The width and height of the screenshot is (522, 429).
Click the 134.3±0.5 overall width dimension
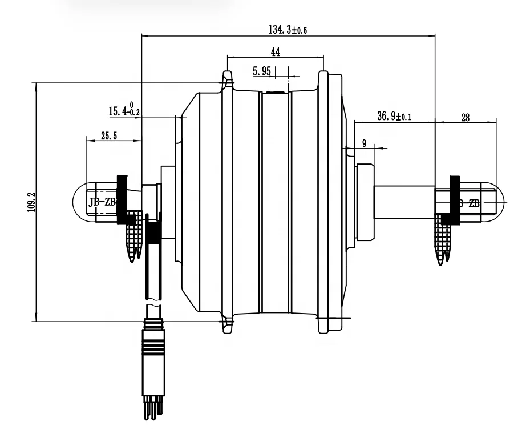pyautogui.click(x=288, y=30)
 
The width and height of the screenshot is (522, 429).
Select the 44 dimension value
pyautogui.click(x=275, y=52)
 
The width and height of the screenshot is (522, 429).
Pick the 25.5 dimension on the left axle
pyautogui.click(x=109, y=135)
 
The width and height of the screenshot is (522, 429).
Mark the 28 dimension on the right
pyautogui.click(x=465, y=117)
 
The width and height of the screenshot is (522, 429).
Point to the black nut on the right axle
pyautogui.click(x=454, y=200)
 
